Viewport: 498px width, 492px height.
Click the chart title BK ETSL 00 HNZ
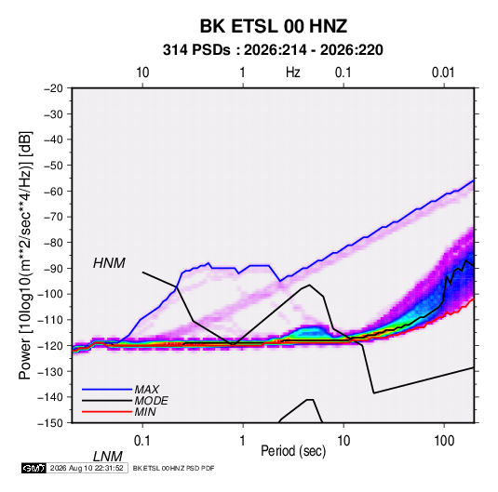(273, 26)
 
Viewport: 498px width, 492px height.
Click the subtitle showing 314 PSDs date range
(273, 50)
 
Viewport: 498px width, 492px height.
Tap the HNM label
(109, 263)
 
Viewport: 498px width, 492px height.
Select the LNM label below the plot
(108, 457)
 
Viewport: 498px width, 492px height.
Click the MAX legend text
(147, 390)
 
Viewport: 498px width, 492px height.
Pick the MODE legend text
(151, 401)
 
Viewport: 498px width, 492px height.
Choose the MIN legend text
(145, 412)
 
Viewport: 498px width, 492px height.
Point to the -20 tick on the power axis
(53, 88)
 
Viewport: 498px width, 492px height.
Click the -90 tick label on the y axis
(53, 269)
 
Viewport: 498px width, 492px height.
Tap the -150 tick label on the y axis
(50, 423)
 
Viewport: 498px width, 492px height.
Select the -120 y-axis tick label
(50, 346)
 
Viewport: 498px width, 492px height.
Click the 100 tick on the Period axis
(444, 441)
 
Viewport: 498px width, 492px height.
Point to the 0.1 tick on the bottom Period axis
(142, 441)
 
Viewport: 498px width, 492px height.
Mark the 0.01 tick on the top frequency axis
(443, 73)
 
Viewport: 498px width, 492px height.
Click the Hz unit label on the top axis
(293, 73)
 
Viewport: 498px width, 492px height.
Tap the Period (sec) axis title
(293, 451)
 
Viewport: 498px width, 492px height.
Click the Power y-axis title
(25, 255)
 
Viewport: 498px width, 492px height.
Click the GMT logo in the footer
(34, 468)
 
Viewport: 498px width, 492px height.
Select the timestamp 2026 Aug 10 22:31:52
(87, 468)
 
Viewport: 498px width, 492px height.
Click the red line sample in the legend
(107, 412)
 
